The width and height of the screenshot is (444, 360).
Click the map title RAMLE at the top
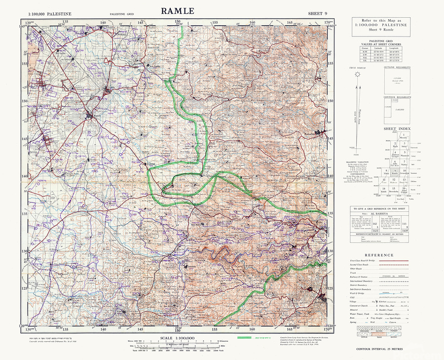click(177, 11)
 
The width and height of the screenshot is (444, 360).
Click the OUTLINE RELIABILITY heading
click(397, 67)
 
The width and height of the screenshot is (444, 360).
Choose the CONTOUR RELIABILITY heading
click(397, 97)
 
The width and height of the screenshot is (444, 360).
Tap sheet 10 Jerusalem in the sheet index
click(404, 171)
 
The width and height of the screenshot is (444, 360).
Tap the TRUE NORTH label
click(356, 68)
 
